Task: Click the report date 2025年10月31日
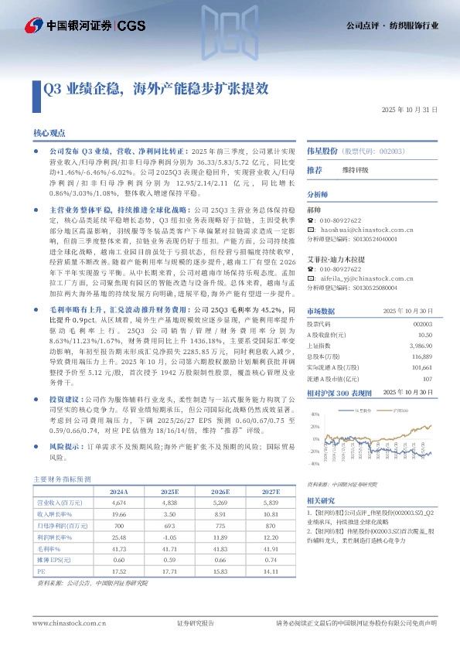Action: (411, 111)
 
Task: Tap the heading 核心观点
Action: (49, 134)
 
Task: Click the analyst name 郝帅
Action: (313, 210)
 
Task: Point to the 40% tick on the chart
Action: (315, 414)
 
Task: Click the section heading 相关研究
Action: (319, 500)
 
